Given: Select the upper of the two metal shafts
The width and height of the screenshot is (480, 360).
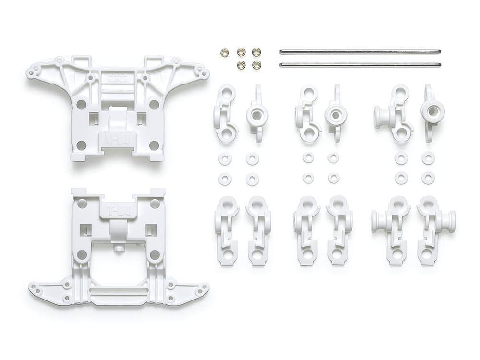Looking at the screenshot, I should point(360,52).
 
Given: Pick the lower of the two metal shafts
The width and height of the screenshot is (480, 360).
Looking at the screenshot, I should point(360,64).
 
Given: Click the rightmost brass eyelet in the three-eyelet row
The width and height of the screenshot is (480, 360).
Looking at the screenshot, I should point(256,52).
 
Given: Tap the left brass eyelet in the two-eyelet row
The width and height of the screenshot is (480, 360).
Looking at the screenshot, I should point(241,64).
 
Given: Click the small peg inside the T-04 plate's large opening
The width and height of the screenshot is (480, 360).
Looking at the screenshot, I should point(118,249).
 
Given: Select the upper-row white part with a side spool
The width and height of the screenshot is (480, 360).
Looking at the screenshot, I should point(393,114).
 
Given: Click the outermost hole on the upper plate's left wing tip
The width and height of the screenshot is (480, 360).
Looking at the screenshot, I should point(30,74).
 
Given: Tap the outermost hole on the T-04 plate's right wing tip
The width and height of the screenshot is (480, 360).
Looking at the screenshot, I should point(205,288).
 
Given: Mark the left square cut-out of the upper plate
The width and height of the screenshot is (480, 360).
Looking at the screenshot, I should point(94,118).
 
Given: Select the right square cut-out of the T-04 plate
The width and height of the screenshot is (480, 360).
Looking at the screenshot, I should point(151,230).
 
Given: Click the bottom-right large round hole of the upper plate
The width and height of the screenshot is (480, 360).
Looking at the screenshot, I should point(154,145).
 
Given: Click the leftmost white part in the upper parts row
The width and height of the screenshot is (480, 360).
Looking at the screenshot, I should point(225,114).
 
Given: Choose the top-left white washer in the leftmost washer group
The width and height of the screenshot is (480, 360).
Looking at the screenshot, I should point(225,159).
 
